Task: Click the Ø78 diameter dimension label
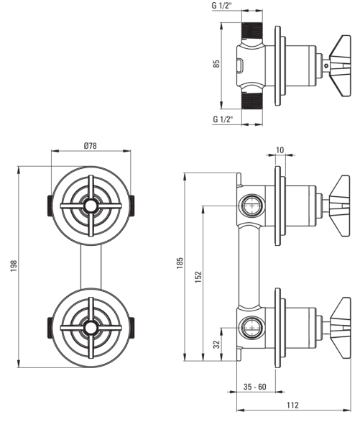(x=90, y=146)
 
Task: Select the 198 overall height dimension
(x=14, y=266)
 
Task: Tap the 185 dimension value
(x=180, y=263)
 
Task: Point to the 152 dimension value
(x=198, y=277)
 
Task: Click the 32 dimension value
(x=216, y=344)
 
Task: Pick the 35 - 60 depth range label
(x=254, y=387)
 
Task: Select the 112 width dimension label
(x=292, y=405)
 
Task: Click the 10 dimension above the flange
(x=280, y=150)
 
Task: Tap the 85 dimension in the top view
(x=216, y=63)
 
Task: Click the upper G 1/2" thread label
(x=222, y=6)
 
